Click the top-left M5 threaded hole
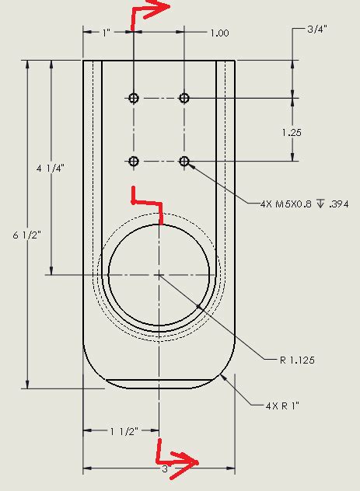[134, 98]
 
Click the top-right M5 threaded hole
[184, 98]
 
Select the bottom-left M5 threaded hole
[134, 161]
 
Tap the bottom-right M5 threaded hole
[184, 161]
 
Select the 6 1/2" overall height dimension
[16, 234]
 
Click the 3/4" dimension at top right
[316, 30]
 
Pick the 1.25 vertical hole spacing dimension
[291, 133]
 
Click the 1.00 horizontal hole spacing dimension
[219, 33]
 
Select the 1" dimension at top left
[107, 33]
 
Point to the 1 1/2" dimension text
[122, 430]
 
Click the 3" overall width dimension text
[165, 469]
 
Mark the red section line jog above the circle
[148, 202]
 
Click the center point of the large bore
[159, 274]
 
